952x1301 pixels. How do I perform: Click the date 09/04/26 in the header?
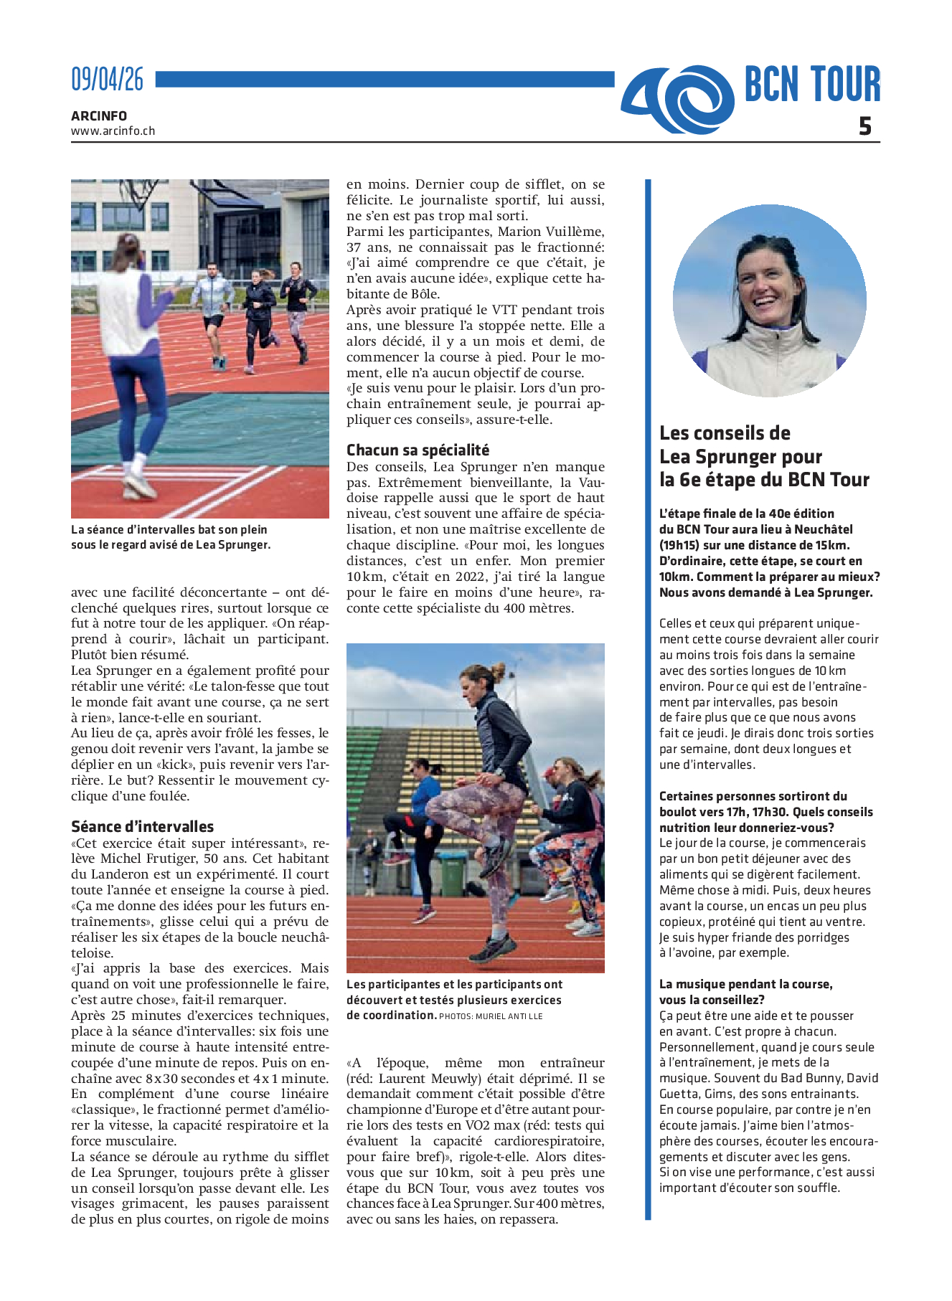click(107, 79)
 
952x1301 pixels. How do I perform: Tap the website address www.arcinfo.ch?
click(113, 131)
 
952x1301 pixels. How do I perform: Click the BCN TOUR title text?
click(811, 85)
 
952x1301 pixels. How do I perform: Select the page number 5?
click(865, 126)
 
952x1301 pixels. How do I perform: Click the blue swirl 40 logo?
click(677, 99)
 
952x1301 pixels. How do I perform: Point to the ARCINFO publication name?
click(99, 115)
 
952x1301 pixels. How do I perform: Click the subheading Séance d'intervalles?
click(142, 826)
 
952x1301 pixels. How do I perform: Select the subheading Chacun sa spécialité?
click(418, 450)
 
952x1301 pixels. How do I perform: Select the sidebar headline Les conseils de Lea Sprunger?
click(764, 456)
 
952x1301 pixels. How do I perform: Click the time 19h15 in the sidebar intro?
click(682, 545)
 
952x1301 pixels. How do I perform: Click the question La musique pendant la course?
click(745, 984)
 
